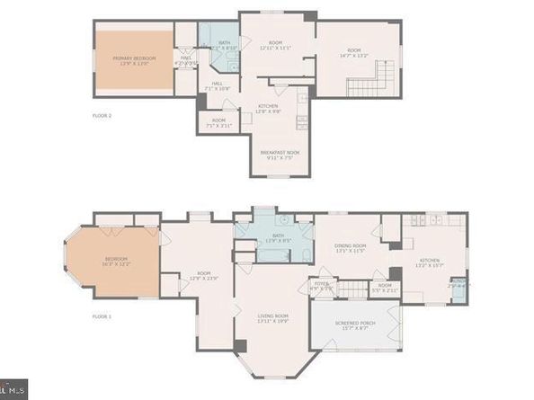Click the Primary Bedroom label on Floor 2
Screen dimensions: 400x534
pyautogui.click(x=135, y=61)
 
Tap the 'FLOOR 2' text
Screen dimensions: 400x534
pyautogui.click(x=102, y=115)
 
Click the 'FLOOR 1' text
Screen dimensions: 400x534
pyautogui.click(x=102, y=316)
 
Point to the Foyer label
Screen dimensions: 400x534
pyautogui.click(x=321, y=286)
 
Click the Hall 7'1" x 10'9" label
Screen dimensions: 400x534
pyautogui.click(x=218, y=86)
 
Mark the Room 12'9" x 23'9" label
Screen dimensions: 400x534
pyautogui.click(x=204, y=275)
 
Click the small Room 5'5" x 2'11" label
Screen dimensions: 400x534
pyautogui.click(x=385, y=288)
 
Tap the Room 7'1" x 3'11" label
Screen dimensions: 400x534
pyautogui.click(x=218, y=123)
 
